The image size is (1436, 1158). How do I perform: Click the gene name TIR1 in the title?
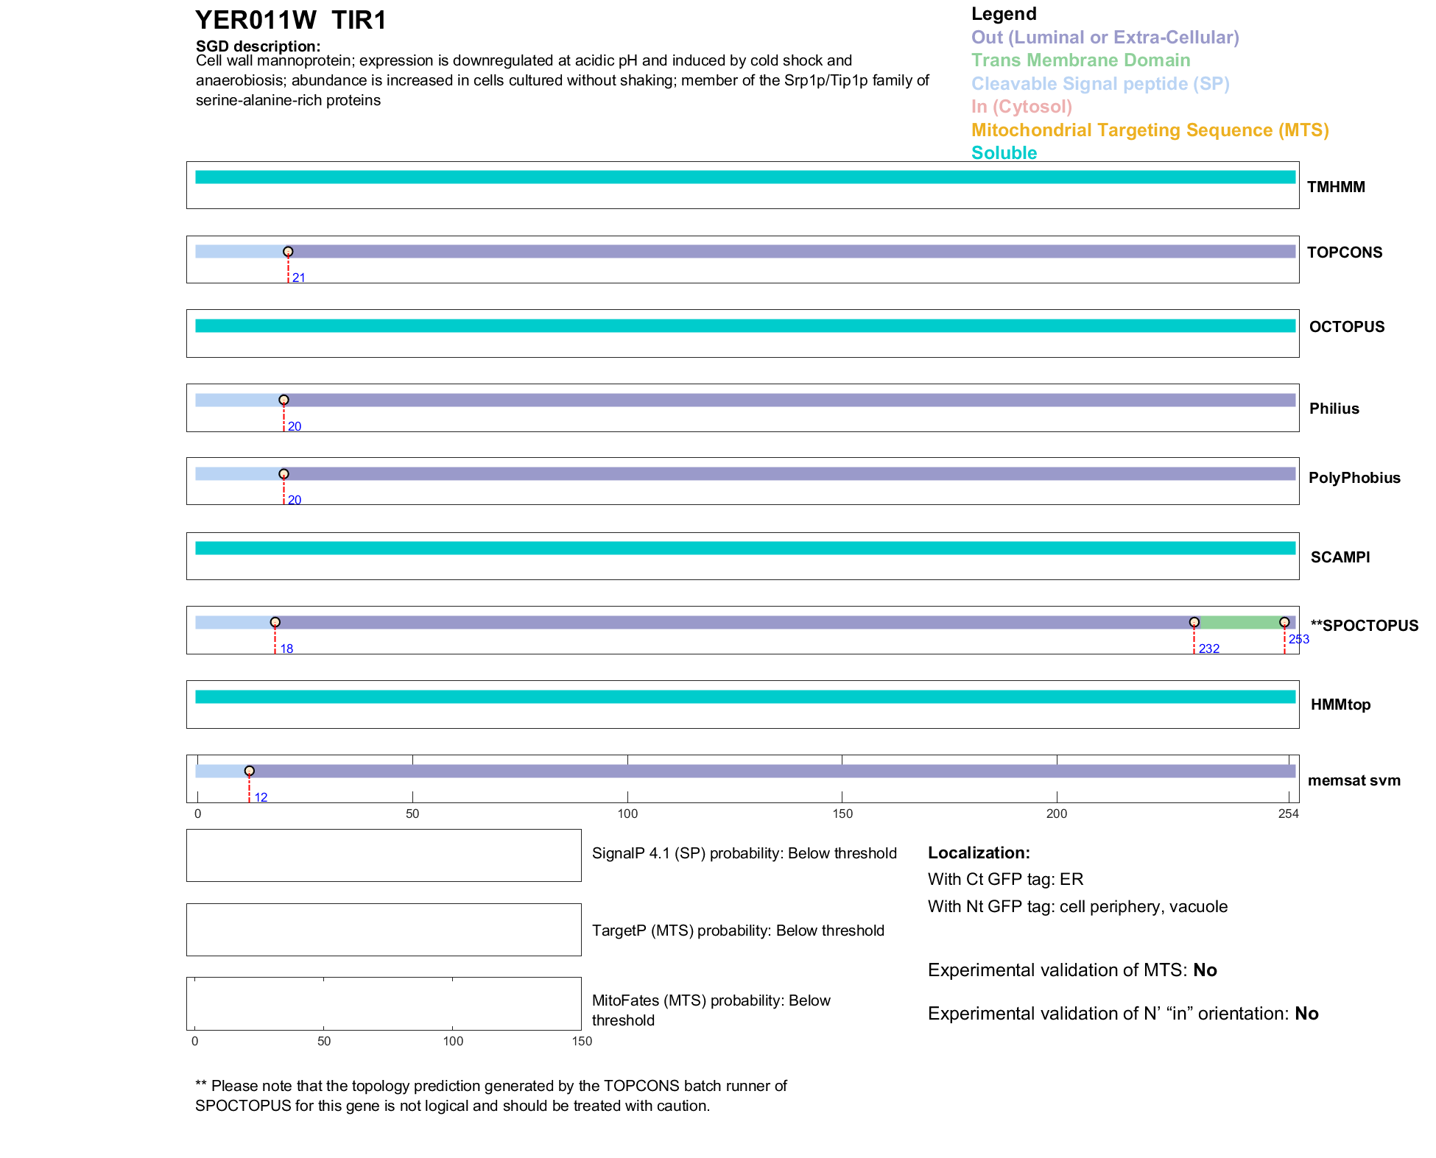point(359,21)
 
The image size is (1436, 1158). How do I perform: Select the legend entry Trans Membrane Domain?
point(1080,60)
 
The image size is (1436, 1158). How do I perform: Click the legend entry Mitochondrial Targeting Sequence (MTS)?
point(1150,130)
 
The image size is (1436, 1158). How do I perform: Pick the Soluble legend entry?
point(1004,153)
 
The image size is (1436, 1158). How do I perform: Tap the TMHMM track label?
point(1336,187)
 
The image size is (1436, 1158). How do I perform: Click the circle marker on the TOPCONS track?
point(288,252)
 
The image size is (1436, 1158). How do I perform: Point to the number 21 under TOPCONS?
point(298,278)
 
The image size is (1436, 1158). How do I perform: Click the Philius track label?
point(1334,409)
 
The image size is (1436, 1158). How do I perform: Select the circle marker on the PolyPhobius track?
point(284,474)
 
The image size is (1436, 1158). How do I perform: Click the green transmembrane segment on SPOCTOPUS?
point(1239,623)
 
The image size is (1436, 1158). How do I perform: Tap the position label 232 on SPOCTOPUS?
point(1208,649)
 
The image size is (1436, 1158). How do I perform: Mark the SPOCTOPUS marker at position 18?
point(275,622)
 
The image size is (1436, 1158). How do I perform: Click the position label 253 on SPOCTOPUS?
point(1298,639)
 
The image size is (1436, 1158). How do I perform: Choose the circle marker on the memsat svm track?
point(250,771)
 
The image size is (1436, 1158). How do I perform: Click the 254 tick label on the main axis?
point(1288,813)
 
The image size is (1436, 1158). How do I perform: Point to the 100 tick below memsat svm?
point(627,813)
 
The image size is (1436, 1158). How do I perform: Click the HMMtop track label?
point(1340,705)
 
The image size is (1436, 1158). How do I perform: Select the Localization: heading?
point(979,852)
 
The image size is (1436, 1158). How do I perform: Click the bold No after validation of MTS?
point(1205,970)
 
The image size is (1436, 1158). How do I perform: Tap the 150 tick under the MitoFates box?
point(582,1041)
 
